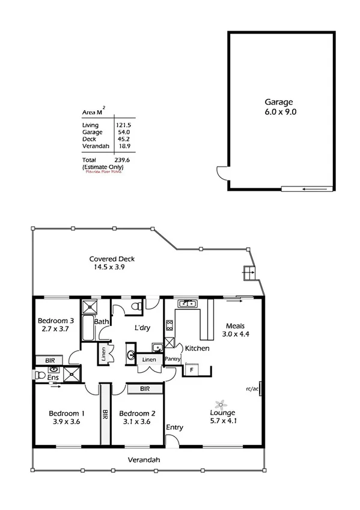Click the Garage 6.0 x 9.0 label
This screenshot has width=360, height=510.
281,106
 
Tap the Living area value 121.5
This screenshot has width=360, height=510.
123,125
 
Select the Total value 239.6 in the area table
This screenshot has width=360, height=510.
123,161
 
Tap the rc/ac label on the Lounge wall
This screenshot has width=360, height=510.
252,388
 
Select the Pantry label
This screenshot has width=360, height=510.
173,359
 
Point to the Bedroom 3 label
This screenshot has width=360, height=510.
55,325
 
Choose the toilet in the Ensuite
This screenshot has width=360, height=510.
41,375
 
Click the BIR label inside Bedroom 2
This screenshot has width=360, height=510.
144,389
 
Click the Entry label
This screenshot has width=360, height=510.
175,428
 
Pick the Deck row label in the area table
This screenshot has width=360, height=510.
88,139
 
